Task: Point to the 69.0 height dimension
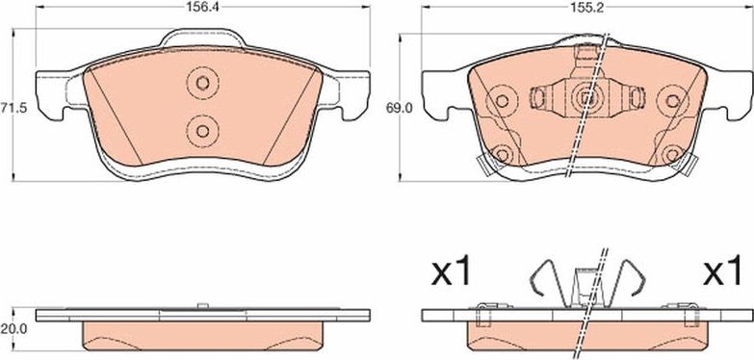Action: [x=399, y=109]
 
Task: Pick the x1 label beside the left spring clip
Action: [x=451, y=273]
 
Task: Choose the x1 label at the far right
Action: [x=722, y=273]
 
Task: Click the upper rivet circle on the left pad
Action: [x=203, y=83]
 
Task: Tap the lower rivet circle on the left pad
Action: [x=203, y=131]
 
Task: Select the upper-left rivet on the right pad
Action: [x=502, y=101]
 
